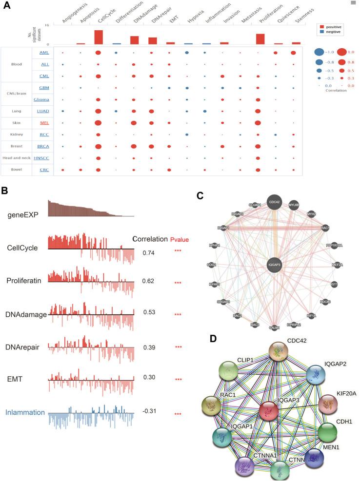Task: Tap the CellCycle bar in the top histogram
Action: point(99,37)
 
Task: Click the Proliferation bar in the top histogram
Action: point(260,39)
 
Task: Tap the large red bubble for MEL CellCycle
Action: point(98,122)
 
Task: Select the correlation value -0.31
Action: point(149,414)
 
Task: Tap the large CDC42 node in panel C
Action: point(274,202)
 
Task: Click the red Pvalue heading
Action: point(179,239)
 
